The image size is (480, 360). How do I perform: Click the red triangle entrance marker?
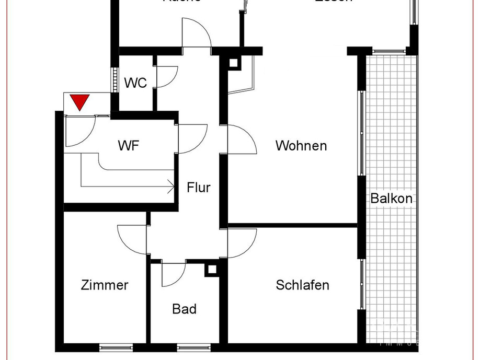point(79,101)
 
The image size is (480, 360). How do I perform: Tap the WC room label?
point(135,83)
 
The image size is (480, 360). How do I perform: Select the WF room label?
point(129,146)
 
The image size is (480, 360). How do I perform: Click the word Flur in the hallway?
point(199,187)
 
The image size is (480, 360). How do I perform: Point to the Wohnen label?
point(301,145)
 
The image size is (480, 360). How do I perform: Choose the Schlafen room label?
point(302,285)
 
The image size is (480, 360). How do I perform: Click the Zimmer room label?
point(105,285)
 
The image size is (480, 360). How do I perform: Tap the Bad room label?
point(184,309)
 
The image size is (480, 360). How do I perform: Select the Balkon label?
point(391,198)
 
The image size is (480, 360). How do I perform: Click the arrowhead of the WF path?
point(172,185)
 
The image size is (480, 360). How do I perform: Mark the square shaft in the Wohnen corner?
point(233,63)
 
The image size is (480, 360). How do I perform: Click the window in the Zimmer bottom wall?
point(116,346)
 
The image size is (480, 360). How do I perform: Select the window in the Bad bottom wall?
point(193,346)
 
